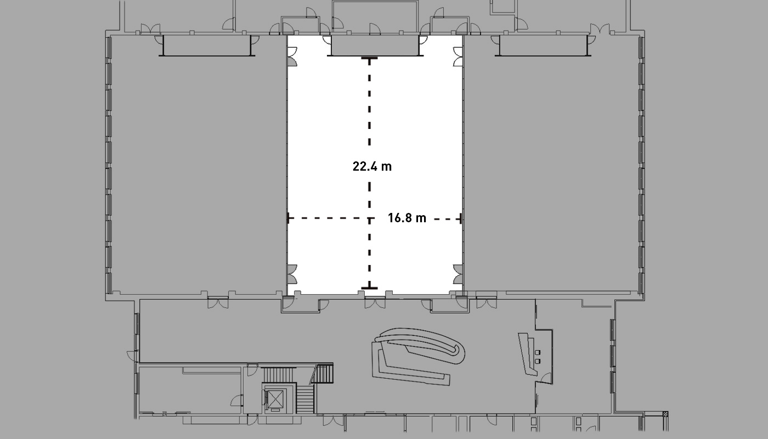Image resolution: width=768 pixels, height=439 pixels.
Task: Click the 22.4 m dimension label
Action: tap(372, 167)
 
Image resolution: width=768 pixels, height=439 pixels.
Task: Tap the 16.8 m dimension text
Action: tap(407, 218)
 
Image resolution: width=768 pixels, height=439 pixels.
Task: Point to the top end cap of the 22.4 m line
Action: tap(369, 59)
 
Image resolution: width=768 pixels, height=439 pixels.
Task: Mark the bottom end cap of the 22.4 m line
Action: tap(369, 288)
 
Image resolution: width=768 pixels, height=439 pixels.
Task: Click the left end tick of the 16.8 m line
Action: tap(289, 218)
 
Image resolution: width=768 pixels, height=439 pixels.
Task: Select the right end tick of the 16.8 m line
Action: tap(460, 218)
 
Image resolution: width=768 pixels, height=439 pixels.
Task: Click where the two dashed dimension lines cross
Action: tap(369, 218)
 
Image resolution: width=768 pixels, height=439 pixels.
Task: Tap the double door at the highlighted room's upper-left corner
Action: tap(292, 57)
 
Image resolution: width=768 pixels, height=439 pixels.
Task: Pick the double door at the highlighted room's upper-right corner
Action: tap(458, 57)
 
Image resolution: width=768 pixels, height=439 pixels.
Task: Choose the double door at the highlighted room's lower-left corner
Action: tap(292, 274)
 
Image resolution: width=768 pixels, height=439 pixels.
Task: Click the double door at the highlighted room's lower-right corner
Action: tap(458, 274)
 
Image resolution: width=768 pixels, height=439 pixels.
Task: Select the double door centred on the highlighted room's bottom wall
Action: tap(375, 303)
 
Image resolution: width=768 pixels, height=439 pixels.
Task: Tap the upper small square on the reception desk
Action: tap(538, 352)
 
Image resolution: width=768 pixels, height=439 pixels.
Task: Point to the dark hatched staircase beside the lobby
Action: tap(324, 374)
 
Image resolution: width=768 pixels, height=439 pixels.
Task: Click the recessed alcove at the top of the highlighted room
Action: tap(375, 45)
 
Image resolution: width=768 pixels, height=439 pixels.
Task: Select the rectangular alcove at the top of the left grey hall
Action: tap(207, 45)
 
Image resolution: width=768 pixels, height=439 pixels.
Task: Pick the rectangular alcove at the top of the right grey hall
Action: tap(544, 45)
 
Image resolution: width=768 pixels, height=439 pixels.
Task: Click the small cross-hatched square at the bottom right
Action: tap(665, 414)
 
